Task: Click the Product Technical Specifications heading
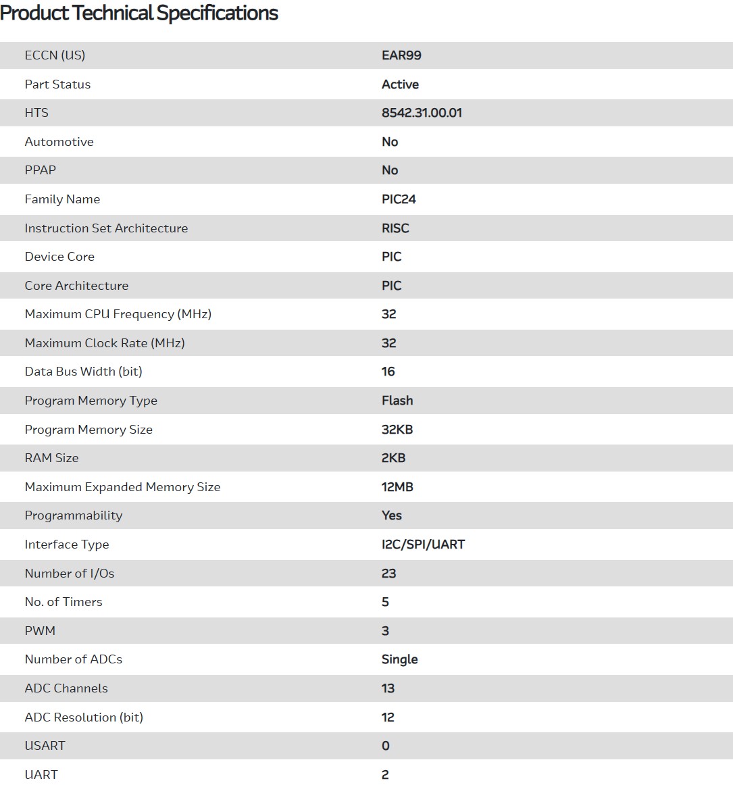point(139,13)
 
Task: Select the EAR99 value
point(401,55)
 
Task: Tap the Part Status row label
point(57,84)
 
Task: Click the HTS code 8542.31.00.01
point(422,113)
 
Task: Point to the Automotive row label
point(59,142)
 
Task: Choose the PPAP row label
point(41,170)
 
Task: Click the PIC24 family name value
point(399,199)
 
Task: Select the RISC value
point(395,228)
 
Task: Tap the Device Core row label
point(59,257)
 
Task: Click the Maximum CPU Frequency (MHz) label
point(118,314)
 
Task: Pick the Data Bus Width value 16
point(388,372)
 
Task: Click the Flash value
point(397,401)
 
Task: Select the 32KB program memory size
point(397,430)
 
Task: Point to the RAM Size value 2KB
point(393,458)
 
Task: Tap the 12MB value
point(397,487)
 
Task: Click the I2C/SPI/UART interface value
point(423,545)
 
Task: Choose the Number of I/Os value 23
point(388,574)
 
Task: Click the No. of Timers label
point(64,602)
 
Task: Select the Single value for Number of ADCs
point(399,659)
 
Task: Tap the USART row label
point(45,746)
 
